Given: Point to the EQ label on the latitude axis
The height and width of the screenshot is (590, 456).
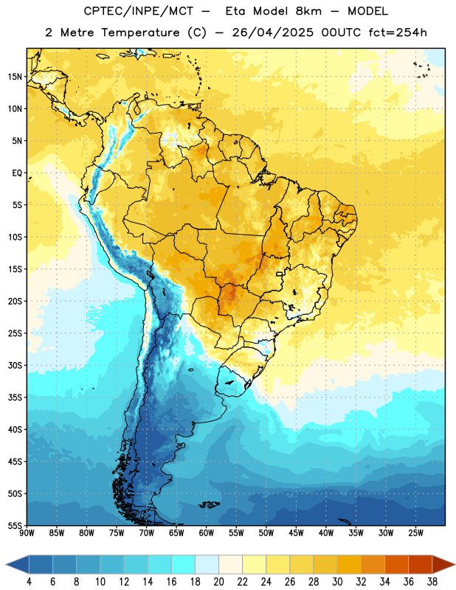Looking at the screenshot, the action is (x=17, y=173).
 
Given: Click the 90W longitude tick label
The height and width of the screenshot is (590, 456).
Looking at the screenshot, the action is (x=27, y=533).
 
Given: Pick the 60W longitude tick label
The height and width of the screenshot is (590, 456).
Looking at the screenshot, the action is (x=207, y=533).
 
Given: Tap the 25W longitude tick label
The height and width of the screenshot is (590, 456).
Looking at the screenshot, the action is (x=415, y=533).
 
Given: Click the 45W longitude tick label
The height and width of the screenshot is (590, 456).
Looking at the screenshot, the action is (x=296, y=533).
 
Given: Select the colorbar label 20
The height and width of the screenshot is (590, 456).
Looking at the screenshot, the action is (x=218, y=582).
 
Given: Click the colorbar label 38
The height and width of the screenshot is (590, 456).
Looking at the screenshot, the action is (x=432, y=582).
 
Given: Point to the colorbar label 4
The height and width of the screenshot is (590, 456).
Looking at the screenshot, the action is (x=29, y=582).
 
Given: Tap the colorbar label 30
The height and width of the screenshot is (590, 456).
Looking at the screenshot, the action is (x=337, y=582).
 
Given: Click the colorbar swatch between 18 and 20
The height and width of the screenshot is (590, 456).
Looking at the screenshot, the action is (x=207, y=564).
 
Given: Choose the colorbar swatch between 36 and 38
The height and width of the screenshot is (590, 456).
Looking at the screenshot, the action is (x=421, y=564).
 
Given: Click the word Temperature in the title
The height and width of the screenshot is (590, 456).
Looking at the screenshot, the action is (x=140, y=32).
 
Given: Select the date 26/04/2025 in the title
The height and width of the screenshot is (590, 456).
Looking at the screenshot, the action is (x=272, y=32).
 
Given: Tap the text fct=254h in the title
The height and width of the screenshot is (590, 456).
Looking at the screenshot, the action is (x=398, y=32).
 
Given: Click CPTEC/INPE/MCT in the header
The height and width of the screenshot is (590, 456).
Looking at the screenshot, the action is (x=139, y=11).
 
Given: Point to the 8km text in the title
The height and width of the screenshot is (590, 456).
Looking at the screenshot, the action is (x=308, y=11).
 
